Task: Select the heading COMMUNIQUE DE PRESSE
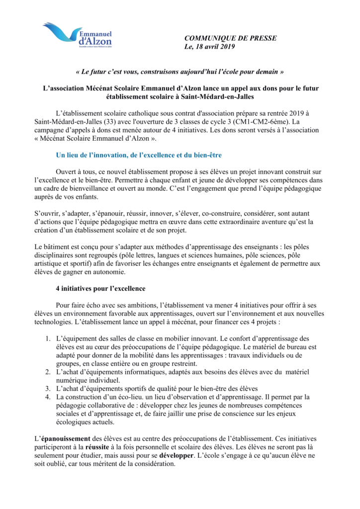[x=230, y=38]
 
